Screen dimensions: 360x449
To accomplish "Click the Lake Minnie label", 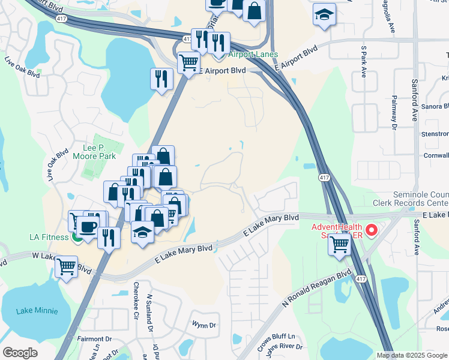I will point(38,311).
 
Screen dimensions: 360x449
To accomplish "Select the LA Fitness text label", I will point(49,237).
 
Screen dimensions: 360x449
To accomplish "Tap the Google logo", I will point(20,353).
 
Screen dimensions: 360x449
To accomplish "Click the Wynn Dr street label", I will point(204,326).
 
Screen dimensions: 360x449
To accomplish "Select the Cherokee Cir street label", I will point(136,301).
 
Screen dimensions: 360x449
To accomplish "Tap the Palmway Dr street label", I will point(394,112).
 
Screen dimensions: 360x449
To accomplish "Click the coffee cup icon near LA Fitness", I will point(88,226).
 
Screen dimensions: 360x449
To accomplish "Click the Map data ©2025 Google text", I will point(411,355).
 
